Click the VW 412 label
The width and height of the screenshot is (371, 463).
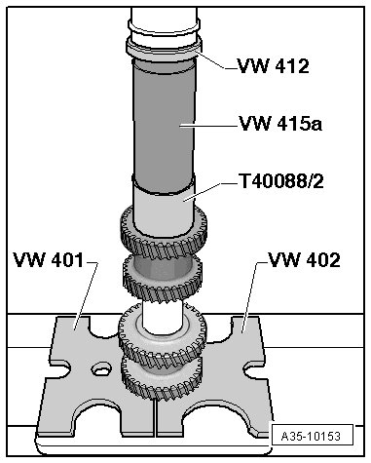[273, 66]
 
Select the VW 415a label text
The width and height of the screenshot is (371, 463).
[280, 124]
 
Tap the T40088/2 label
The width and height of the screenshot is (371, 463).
[281, 181]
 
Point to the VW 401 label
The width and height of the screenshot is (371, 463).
[48, 260]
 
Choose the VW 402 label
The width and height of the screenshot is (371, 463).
[305, 260]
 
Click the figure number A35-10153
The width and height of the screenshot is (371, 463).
[311, 436]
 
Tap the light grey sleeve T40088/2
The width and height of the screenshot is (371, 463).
[165, 212]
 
